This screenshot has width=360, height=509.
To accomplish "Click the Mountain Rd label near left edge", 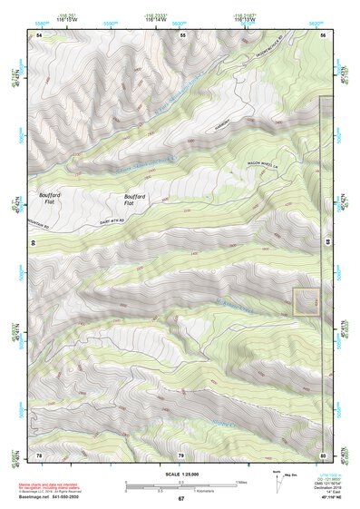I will click(41, 220).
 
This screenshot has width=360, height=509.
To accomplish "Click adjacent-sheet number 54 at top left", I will click(38, 34).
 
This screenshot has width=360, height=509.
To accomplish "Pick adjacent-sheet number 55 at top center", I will click(182, 34).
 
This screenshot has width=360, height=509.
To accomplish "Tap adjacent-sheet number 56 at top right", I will click(324, 34).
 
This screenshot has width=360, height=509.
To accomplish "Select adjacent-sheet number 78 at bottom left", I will click(38, 454).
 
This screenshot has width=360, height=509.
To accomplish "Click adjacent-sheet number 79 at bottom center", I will click(181, 454).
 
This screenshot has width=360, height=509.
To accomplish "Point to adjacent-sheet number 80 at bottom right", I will click(324, 454).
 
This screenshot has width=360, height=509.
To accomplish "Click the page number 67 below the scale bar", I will click(180, 498).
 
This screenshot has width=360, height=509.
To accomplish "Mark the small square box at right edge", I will click(306, 302).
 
